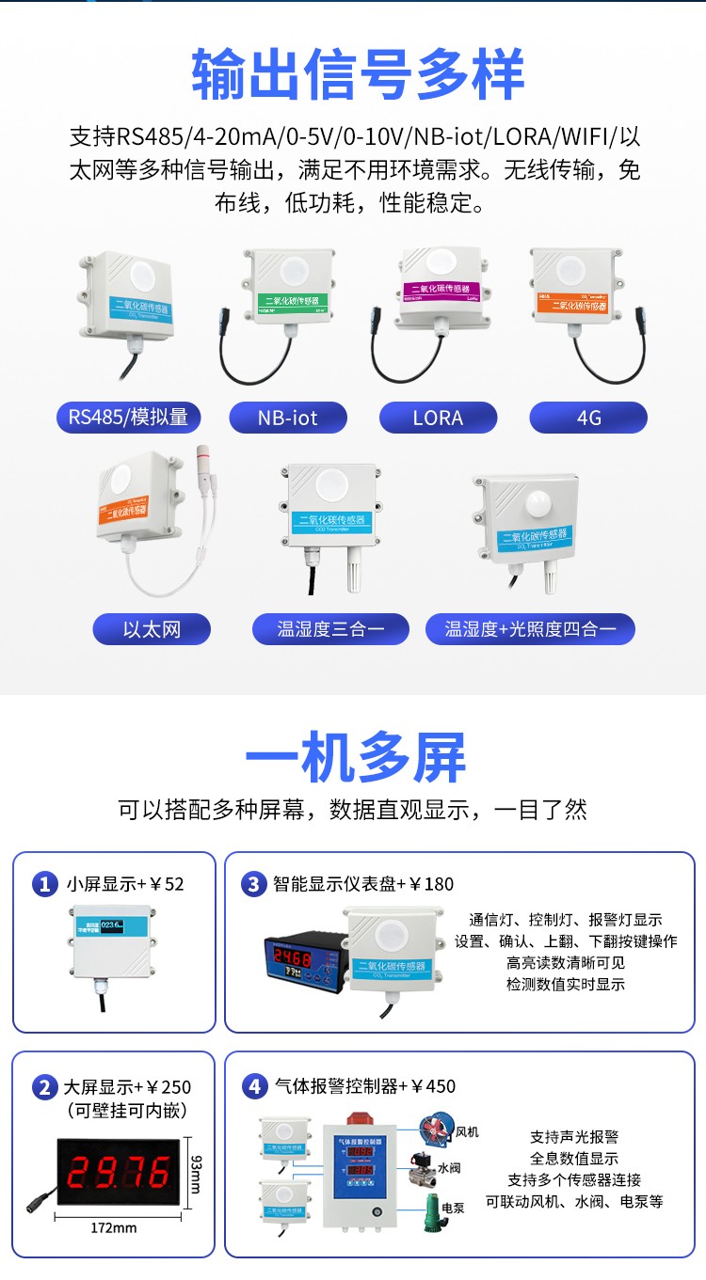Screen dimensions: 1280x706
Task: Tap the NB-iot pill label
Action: coord(288,418)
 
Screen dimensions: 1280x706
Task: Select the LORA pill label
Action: coord(438,418)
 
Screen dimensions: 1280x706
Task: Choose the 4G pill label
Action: coord(588,418)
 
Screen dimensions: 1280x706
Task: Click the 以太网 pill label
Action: coord(151,629)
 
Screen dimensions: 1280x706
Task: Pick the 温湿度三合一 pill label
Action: coord(330,629)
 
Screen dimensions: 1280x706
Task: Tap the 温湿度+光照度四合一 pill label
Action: coord(530,629)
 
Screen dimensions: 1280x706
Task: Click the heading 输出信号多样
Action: coord(358,75)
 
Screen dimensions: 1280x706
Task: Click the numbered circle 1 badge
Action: coord(44,884)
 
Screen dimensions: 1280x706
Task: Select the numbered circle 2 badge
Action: coord(44,1087)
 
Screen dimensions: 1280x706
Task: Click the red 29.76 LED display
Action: coord(118,1172)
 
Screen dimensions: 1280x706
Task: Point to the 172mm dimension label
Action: coord(114,1227)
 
